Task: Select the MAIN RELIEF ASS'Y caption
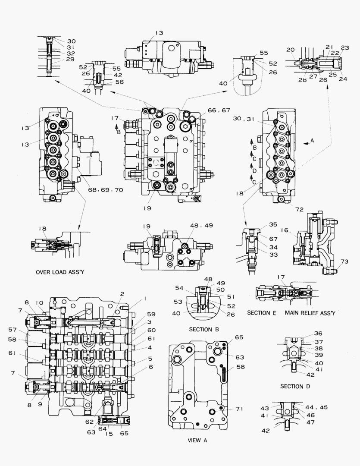click(310, 312)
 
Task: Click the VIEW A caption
click(198, 441)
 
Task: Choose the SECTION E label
click(262, 312)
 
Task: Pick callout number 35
click(273, 225)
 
